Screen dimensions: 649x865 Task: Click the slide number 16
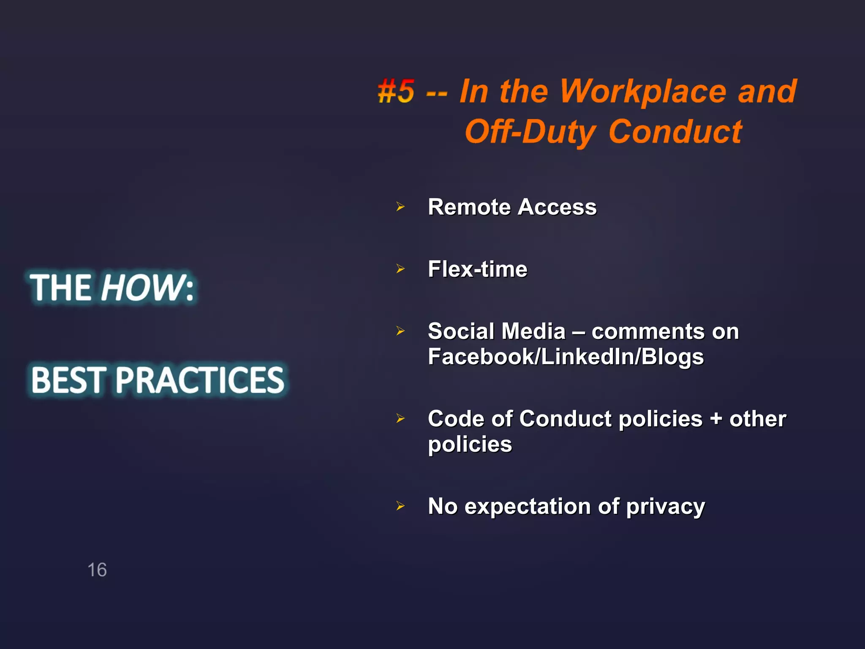(97, 570)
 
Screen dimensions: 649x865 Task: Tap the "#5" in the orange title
(396, 91)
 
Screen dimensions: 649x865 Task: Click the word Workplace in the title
(642, 92)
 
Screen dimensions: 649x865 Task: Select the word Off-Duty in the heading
(530, 132)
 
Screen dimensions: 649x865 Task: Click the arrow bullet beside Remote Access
(400, 207)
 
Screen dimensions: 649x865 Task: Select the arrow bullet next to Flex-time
(400, 269)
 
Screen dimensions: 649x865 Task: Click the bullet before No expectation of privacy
(400, 506)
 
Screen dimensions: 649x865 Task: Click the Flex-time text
(477, 269)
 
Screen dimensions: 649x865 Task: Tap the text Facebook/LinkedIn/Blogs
(566, 357)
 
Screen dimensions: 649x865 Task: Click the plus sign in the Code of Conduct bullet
(715, 419)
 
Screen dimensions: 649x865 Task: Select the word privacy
(665, 507)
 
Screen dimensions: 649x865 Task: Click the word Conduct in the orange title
(675, 132)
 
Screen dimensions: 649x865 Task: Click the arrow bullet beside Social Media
(400, 331)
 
